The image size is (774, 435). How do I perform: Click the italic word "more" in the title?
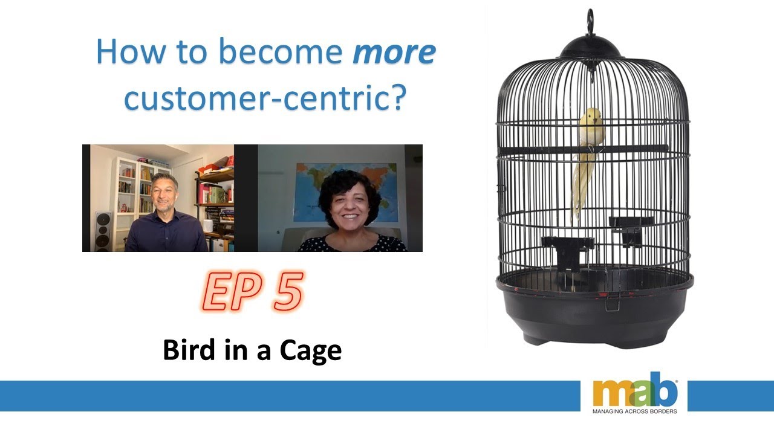pos(394,53)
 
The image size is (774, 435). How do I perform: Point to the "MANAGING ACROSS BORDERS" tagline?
pos(635,411)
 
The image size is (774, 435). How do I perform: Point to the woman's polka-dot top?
pos(354,244)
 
